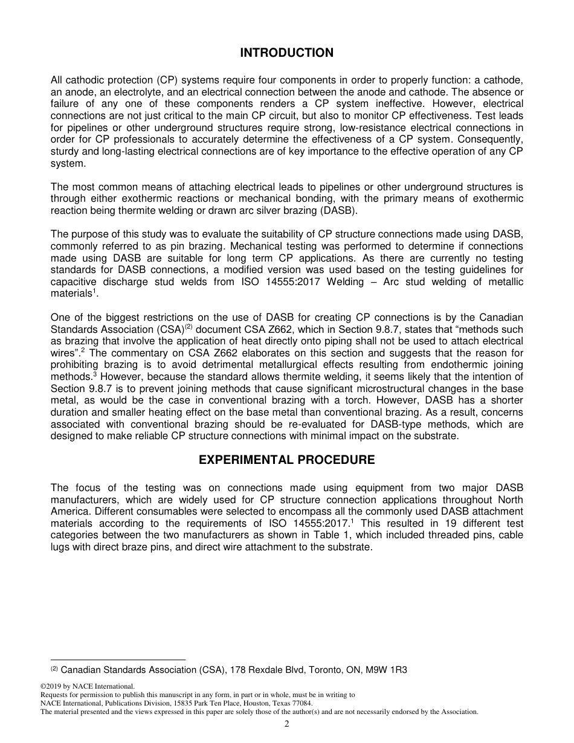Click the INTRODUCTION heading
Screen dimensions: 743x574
point(286,53)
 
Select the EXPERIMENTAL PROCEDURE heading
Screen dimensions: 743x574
point(286,460)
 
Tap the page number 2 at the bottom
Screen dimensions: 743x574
point(287,725)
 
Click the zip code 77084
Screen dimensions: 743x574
point(302,703)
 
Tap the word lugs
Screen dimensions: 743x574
point(60,547)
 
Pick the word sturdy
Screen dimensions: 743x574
point(64,152)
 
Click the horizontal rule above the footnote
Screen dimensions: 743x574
point(118,660)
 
